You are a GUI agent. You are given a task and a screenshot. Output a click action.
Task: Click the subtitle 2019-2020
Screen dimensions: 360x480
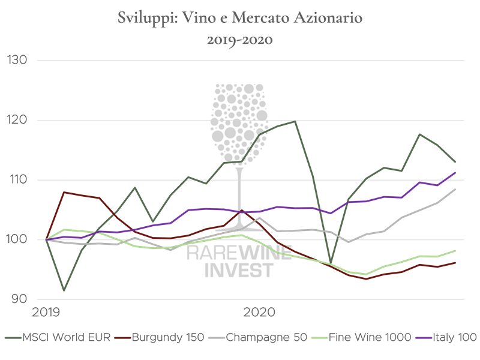[x=240, y=41]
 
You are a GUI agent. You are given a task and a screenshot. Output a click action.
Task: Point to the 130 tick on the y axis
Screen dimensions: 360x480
[x=17, y=61]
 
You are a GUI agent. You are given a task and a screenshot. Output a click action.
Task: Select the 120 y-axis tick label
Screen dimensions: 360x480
[x=17, y=120]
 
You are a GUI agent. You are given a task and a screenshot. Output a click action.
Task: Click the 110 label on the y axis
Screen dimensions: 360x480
[x=17, y=180]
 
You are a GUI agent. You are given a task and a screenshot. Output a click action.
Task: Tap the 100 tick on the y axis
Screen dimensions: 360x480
[x=17, y=239]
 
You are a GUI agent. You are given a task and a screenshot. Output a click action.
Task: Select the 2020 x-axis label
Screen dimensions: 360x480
[x=259, y=313]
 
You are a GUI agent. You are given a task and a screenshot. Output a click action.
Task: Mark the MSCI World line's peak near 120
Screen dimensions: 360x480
[x=295, y=121]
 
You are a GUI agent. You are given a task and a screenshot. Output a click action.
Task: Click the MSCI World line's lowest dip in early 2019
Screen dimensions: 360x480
[x=64, y=290]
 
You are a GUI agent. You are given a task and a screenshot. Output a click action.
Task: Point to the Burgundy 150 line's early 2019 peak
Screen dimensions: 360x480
[x=64, y=192]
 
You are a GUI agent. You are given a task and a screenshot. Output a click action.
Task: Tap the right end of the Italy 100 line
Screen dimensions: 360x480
[x=456, y=172]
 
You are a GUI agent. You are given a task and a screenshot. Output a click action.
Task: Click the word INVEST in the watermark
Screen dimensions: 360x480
[x=239, y=271]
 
